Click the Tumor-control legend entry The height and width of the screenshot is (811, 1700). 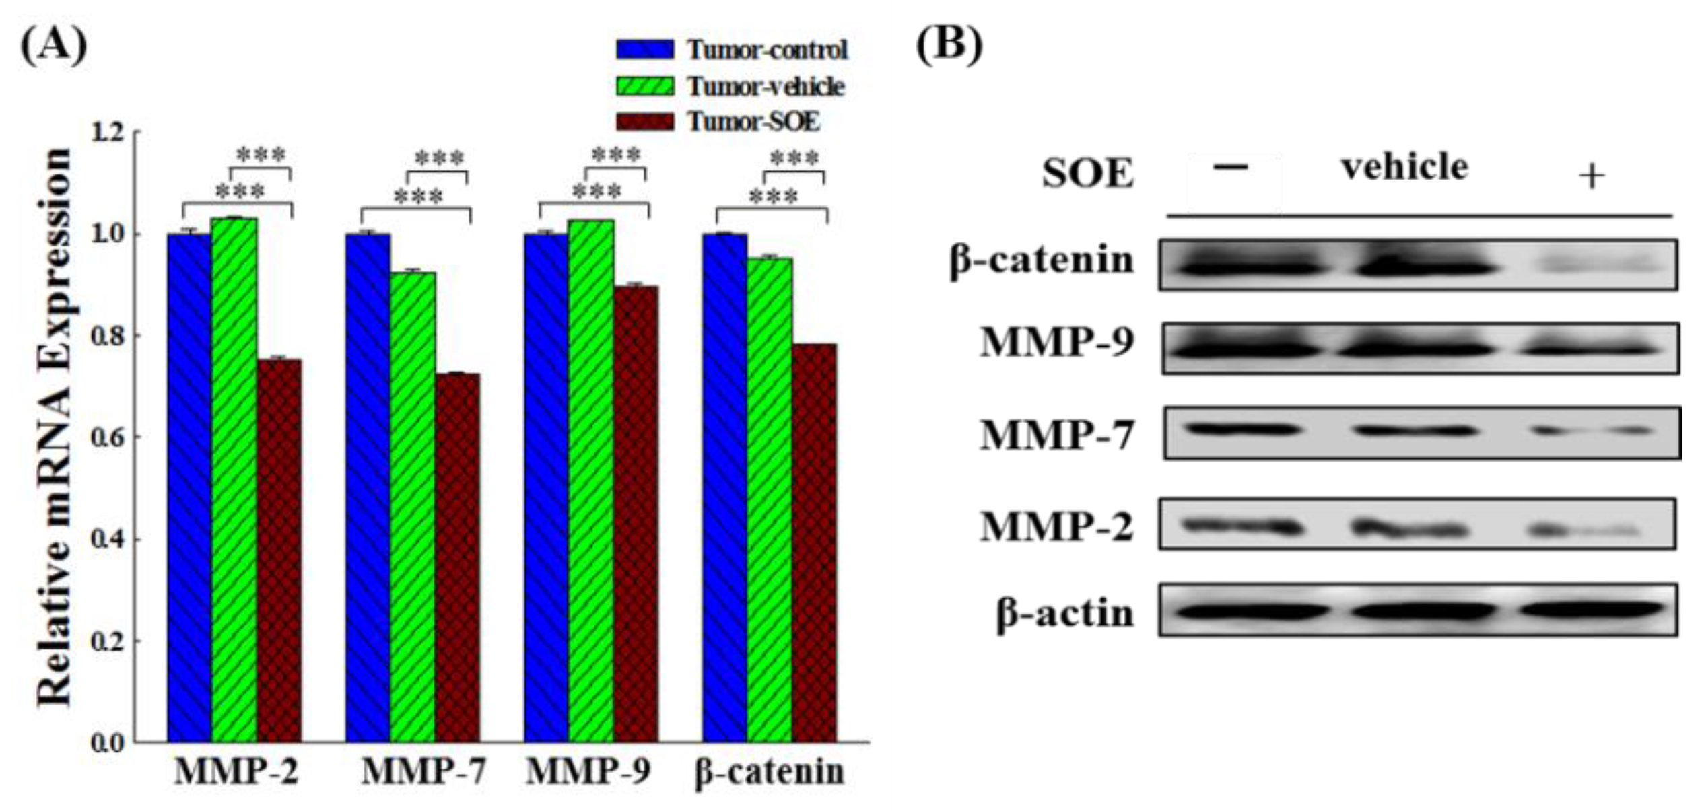coord(733,50)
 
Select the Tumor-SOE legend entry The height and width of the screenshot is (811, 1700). coord(718,122)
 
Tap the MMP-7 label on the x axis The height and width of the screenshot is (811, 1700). coord(423,771)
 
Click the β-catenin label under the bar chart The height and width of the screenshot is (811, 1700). coord(769,771)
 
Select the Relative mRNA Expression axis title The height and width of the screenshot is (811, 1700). coord(54,427)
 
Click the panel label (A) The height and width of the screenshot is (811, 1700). coord(54,44)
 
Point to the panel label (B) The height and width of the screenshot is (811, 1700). coord(949,44)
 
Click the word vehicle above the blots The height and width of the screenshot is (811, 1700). coord(1404,166)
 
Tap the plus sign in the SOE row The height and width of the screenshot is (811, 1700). coord(1592,176)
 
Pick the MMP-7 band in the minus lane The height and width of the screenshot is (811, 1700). coord(1242,429)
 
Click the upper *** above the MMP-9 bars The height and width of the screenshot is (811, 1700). coord(615,155)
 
